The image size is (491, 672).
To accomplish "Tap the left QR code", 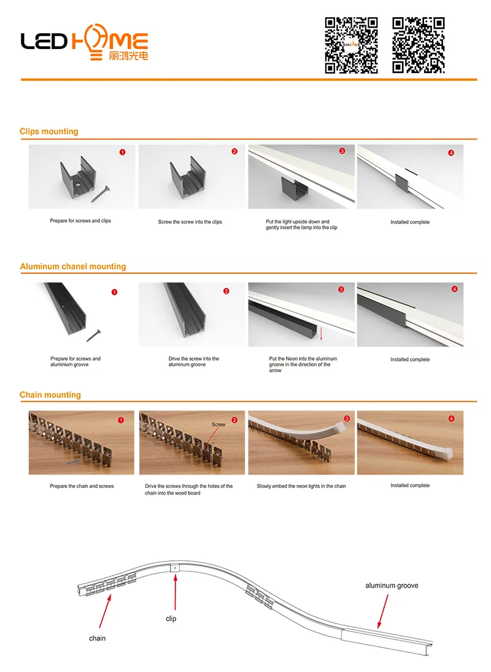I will [x=351, y=45].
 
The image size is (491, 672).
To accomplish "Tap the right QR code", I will [x=419, y=45].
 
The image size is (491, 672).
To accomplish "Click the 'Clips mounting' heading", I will [x=49, y=131].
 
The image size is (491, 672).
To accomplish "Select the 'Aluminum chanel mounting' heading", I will [x=73, y=266].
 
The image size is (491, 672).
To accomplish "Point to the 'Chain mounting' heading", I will [x=50, y=395].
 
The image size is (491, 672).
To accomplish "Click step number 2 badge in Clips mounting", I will [x=234, y=152].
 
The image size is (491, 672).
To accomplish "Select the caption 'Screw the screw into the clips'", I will [x=190, y=222].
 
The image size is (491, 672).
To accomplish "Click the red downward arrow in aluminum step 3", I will [x=321, y=333].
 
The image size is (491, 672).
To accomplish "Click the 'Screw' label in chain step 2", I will [x=218, y=424].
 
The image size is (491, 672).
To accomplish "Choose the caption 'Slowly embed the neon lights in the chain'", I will [x=301, y=486].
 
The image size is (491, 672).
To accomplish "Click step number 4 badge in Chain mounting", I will [x=452, y=419].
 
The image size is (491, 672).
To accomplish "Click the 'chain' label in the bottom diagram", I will [x=97, y=638].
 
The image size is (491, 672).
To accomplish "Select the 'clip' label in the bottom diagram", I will [x=171, y=619].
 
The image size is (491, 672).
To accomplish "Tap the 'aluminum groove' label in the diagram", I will [x=392, y=585].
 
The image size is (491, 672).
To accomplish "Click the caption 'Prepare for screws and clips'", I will [x=80, y=221].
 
